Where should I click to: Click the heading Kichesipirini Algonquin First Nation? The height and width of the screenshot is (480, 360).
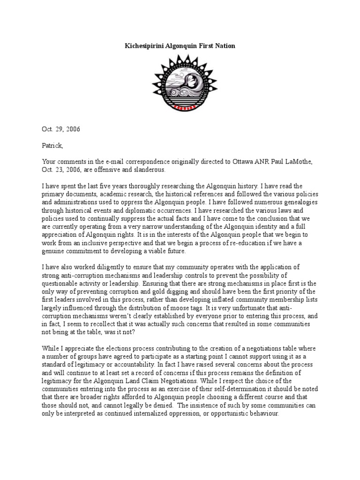click(x=180, y=46)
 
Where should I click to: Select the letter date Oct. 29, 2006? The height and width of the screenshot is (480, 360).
click(x=61, y=129)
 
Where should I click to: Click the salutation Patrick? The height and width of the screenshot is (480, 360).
click(x=52, y=146)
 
